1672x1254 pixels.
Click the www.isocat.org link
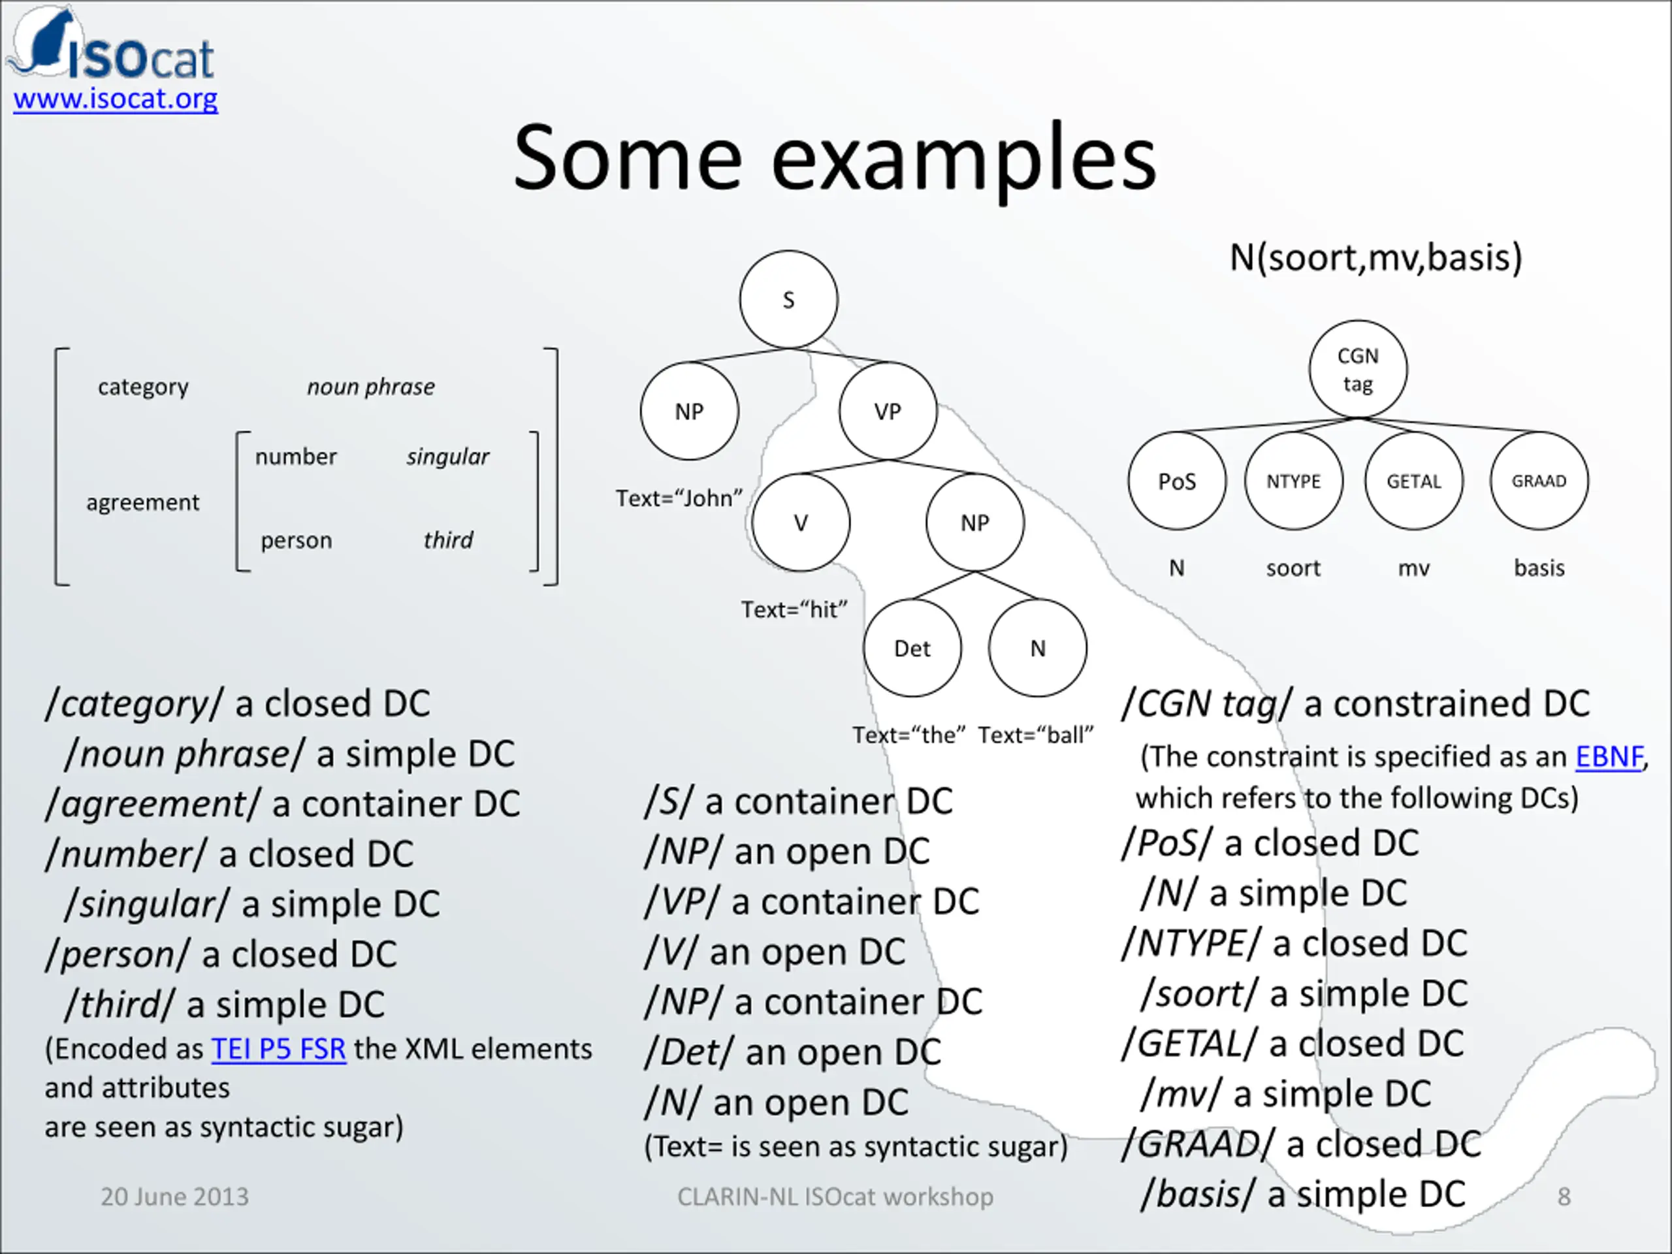pyautogui.click(x=116, y=99)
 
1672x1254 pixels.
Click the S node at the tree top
pyautogui.click(x=788, y=300)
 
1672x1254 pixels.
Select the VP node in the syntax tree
pyautogui.click(x=888, y=411)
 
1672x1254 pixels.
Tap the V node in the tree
pyautogui.click(x=801, y=522)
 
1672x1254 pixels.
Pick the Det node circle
pyautogui.click(x=912, y=648)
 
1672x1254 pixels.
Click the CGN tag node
pyautogui.click(x=1358, y=370)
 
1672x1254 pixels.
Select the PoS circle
pyautogui.click(x=1177, y=481)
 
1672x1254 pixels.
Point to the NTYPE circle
pyautogui.click(x=1293, y=481)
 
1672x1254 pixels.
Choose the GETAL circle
pyautogui.click(x=1413, y=481)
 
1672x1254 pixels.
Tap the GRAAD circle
pyautogui.click(x=1539, y=481)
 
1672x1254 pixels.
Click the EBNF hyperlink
pyautogui.click(x=1609, y=756)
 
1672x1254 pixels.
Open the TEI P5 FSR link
pyautogui.click(x=278, y=1049)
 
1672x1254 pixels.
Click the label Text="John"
pyautogui.click(x=679, y=498)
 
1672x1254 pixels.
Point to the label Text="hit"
pyautogui.click(x=794, y=609)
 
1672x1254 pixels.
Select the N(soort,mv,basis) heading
pyautogui.click(x=1375, y=258)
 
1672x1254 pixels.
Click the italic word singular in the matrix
pyautogui.click(x=447, y=457)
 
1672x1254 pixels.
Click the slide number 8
pyautogui.click(x=1564, y=1197)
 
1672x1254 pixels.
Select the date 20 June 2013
pyautogui.click(x=174, y=1197)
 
